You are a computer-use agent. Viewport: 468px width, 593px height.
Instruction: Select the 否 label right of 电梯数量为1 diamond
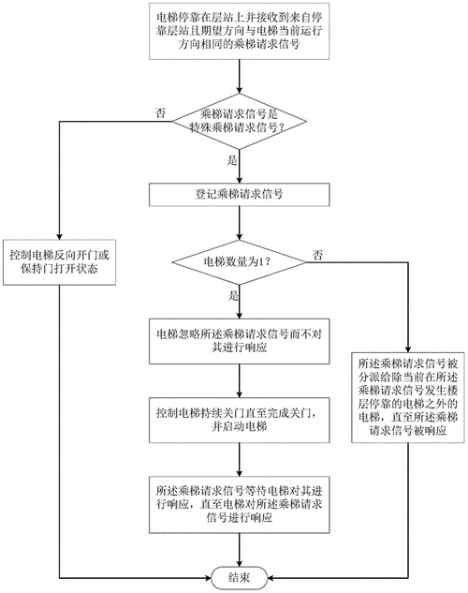(x=319, y=254)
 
